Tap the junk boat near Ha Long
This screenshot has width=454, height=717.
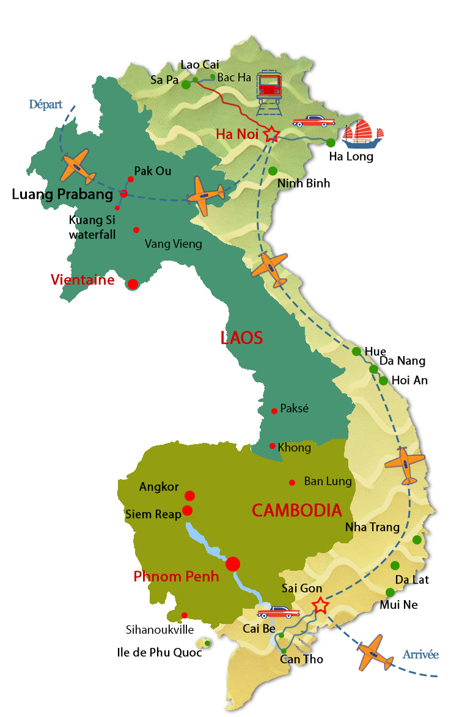tap(362, 136)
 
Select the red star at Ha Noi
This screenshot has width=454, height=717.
tap(271, 135)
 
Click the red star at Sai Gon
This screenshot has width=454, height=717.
tap(320, 605)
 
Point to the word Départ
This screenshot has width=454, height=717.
tap(46, 105)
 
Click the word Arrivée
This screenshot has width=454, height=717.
tap(420, 655)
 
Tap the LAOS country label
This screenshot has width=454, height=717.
tap(241, 337)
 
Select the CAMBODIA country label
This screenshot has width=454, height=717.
tap(296, 510)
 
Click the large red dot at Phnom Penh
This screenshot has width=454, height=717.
tap(233, 564)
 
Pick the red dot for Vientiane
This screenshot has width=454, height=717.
tap(133, 284)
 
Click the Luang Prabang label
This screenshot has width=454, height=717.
tap(62, 195)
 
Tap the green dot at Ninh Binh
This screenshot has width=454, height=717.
tap(273, 171)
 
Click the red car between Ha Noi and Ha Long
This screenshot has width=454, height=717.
tap(310, 121)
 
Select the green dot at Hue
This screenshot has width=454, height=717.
tap(356, 351)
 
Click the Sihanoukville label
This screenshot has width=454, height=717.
tap(159, 630)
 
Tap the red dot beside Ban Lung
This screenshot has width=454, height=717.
tap(293, 482)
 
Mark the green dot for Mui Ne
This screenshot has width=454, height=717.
tap(390, 592)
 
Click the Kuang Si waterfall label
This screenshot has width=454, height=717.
tap(92, 227)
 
